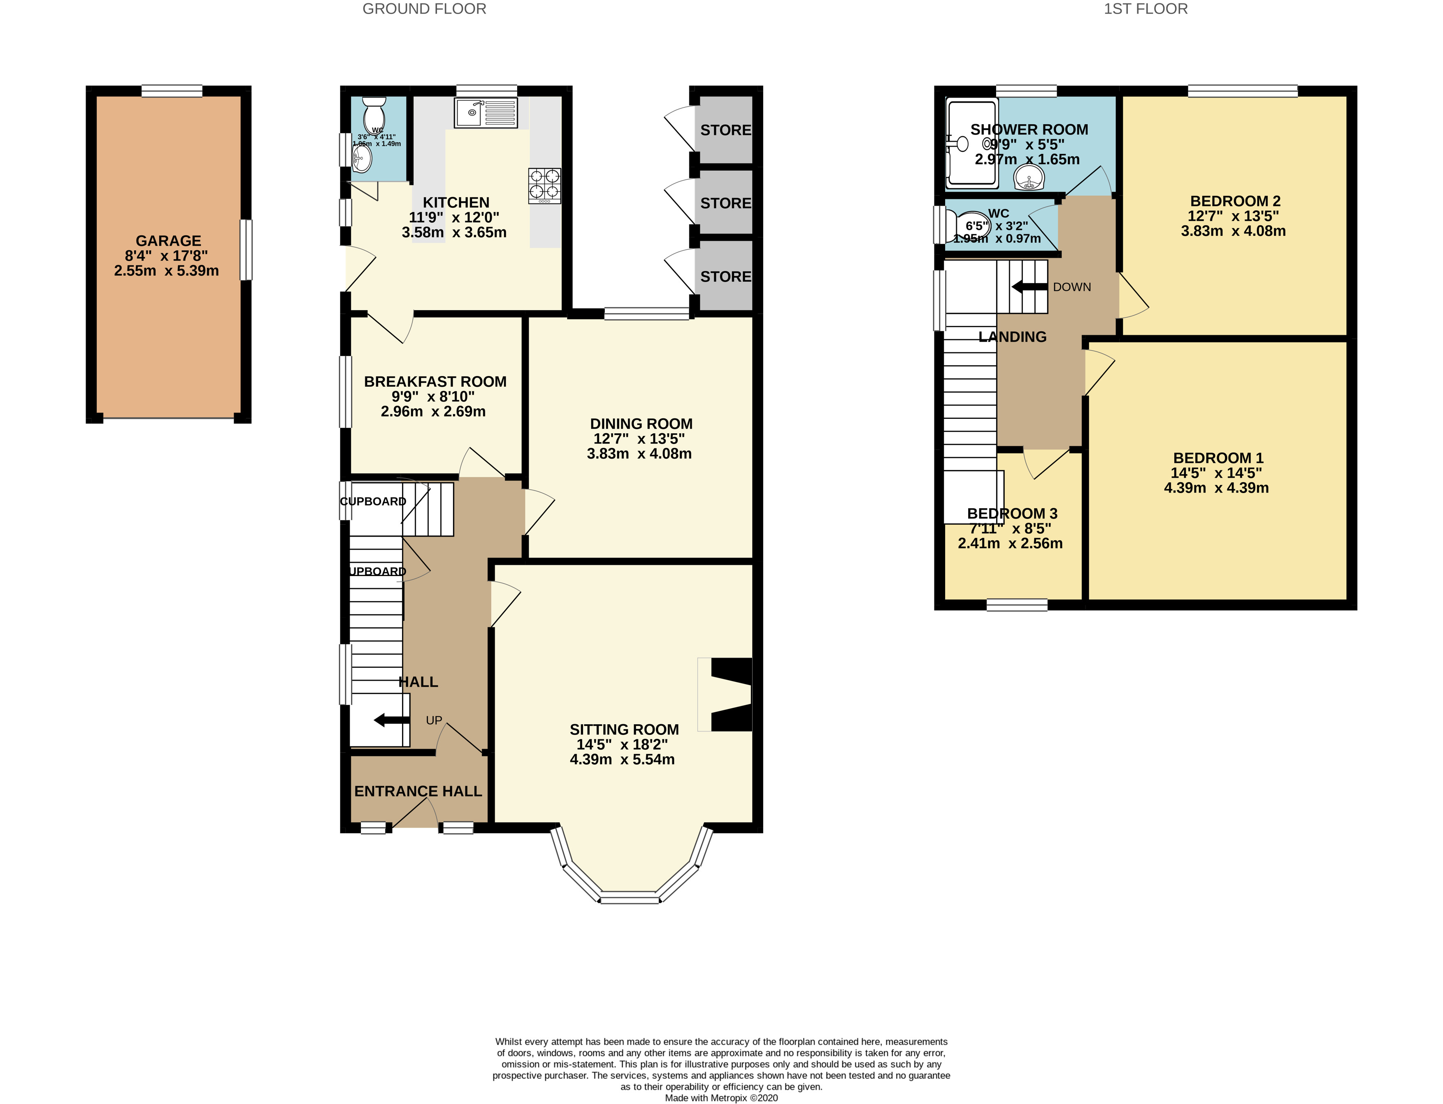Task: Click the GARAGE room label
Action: click(168, 241)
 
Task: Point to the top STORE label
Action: click(725, 130)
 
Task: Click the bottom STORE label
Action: click(725, 277)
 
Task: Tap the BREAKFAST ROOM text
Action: click(435, 382)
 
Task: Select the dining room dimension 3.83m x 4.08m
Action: click(639, 453)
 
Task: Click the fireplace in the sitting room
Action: click(730, 695)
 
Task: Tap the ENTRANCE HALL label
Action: click(418, 791)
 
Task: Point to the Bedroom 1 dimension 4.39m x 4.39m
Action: click(1215, 488)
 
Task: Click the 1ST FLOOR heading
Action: click(1146, 9)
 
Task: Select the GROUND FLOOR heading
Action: click(425, 9)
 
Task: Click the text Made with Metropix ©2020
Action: click(721, 1097)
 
